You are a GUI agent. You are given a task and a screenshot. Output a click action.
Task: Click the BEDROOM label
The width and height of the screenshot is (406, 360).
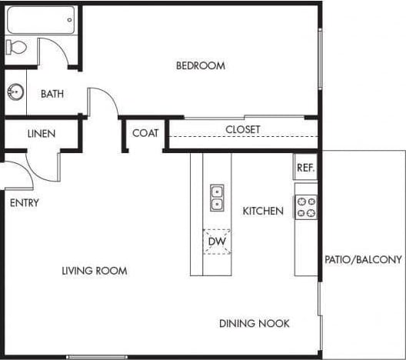click(201, 66)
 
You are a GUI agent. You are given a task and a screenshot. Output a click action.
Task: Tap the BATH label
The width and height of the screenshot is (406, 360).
click(52, 95)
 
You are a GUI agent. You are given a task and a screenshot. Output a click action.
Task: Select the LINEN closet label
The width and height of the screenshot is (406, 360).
click(42, 133)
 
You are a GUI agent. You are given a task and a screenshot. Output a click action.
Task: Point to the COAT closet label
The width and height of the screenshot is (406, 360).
click(145, 133)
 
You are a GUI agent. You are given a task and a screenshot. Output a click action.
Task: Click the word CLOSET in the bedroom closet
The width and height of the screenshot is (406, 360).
click(242, 129)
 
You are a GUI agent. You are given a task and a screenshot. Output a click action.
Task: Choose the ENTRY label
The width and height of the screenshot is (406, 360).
click(24, 203)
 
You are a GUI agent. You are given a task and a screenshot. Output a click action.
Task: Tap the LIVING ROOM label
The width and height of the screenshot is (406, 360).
click(95, 271)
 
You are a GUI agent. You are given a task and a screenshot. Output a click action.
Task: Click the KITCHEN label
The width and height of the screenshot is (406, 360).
click(263, 211)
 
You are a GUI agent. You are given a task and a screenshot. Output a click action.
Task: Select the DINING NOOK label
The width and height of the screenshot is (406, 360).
click(254, 324)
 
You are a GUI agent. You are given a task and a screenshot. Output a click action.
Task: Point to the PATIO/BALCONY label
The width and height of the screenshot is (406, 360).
click(363, 260)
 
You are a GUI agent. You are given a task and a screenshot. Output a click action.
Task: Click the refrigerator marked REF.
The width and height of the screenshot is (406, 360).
click(305, 167)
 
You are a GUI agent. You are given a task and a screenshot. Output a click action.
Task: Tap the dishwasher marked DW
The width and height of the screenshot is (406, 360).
click(216, 241)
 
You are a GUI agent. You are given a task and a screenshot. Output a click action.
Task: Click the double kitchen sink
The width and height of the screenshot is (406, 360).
click(217, 198)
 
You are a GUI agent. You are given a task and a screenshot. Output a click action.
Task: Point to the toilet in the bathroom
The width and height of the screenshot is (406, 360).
click(17, 48)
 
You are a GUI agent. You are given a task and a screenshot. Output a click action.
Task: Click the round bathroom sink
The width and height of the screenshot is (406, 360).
click(15, 93)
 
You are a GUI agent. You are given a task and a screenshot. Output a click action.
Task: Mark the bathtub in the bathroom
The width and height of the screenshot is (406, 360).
click(41, 20)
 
